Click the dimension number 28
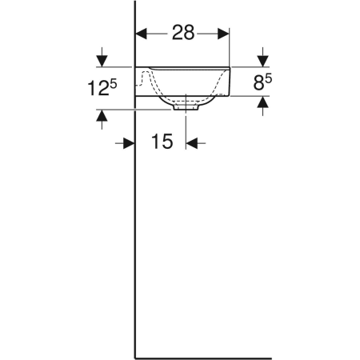pyautogui.click(x=182, y=33)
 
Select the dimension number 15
pyautogui.click(x=161, y=142)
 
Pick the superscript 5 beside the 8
pyautogui.click(x=269, y=76)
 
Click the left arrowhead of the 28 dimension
pyautogui.click(x=140, y=34)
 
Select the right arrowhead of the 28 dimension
pyautogui.click(x=225, y=34)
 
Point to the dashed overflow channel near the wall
pyautogui.click(x=144, y=78)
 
